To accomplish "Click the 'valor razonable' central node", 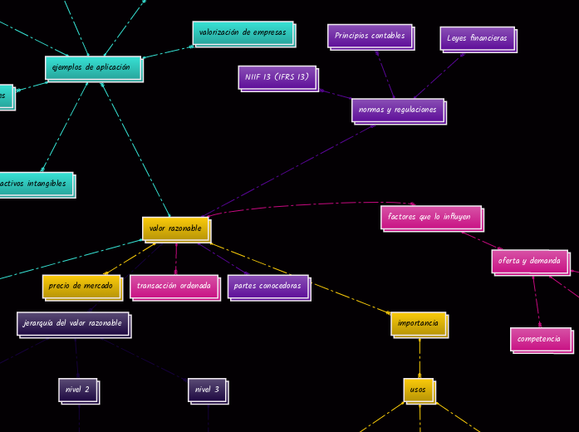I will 175,228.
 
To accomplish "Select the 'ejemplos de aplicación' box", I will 92,67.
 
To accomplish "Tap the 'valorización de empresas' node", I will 243,33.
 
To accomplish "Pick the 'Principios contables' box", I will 370,36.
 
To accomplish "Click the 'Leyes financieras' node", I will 477,38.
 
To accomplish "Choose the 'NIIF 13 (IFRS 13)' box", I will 277,77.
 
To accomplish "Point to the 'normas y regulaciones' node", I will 397,110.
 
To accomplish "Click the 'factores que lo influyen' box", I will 430,217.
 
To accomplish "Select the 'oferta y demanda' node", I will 529,261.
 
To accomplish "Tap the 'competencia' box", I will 540,339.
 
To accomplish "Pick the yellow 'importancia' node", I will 418,323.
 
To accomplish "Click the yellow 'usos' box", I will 418,389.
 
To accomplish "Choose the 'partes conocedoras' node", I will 267,286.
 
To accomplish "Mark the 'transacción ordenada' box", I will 174,286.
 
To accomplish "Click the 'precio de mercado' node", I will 81,286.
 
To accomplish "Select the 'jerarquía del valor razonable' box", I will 72,323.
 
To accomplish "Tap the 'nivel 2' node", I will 77,389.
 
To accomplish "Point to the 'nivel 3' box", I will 207,389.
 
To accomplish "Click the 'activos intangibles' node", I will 35,184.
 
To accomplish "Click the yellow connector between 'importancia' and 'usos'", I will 419,357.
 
